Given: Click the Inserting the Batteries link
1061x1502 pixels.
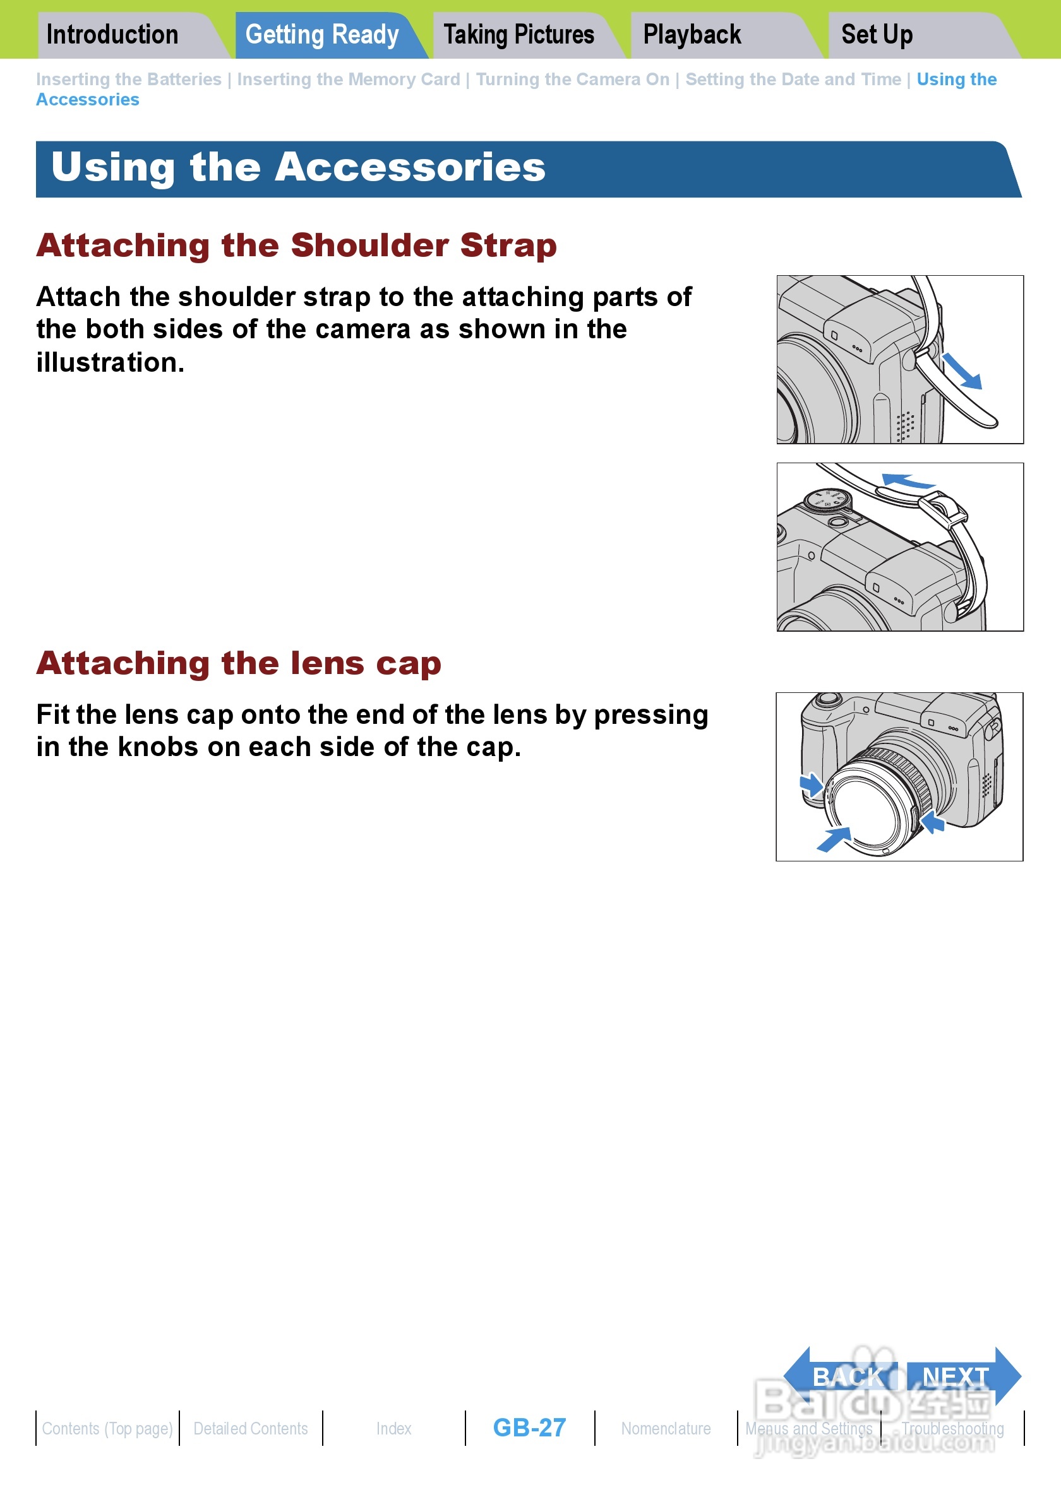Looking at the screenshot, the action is coord(129,79).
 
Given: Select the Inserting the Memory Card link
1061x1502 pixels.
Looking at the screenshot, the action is coord(348,79).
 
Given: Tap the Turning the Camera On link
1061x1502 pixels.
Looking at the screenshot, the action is coord(573,79).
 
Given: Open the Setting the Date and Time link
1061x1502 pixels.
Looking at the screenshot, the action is coord(793,79).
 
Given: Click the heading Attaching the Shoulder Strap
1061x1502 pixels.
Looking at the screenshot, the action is coord(296,246).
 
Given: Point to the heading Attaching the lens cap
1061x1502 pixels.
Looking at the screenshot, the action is coord(239,663).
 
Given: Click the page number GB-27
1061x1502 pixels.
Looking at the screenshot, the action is coord(529,1428).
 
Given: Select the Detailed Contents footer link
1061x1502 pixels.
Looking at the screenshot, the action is coord(251,1428).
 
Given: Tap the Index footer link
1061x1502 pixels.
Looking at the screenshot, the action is coord(394,1428).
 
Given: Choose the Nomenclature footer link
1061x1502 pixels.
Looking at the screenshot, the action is coord(666,1428).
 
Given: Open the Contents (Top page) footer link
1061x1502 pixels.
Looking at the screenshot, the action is coord(107,1429).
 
